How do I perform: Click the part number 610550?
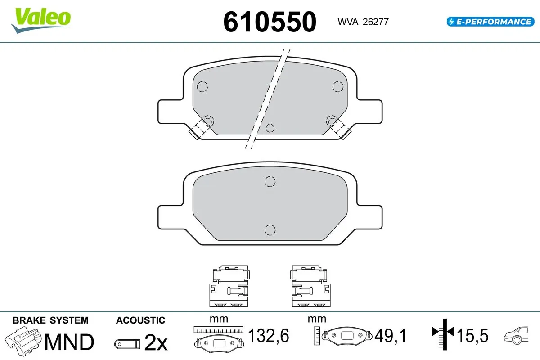point(270,22)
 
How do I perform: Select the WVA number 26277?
point(376,22)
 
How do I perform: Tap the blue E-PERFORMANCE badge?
point(490,22)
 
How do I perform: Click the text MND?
point(69,342)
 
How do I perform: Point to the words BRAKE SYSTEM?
point(50,320)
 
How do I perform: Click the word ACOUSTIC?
point(140,320)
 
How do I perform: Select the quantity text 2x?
point(156,342)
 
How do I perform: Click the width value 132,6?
point(268,335)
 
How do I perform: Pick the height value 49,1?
point(391,335)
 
